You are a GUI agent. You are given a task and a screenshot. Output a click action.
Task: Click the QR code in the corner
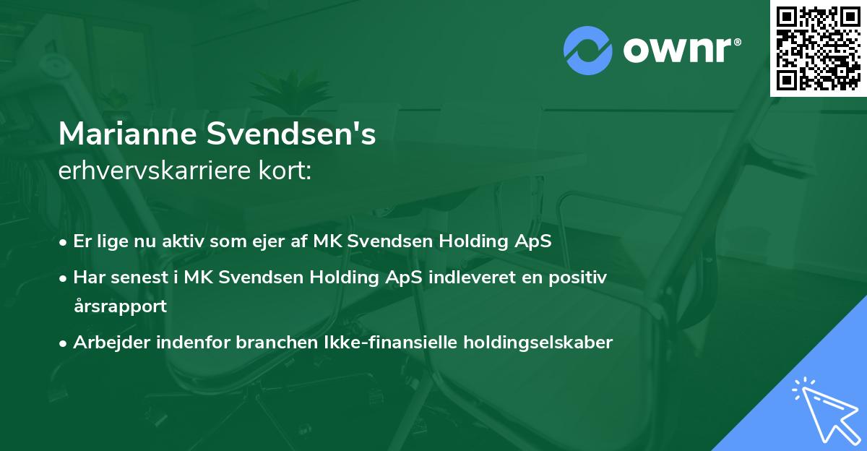pyautogui.click(x=819, y=48)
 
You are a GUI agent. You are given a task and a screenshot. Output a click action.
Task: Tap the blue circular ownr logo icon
pyautogui.click(x=588, y=50)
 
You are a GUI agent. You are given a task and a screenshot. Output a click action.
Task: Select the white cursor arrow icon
pyautogui.click(x=824, y=409)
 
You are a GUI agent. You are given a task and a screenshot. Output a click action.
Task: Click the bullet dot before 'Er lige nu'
pyautogui.click(x=64, y=242)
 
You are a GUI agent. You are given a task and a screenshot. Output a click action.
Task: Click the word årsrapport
pyautogui.click(x=120, y=306)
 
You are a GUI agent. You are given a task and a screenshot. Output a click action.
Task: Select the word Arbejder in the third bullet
pyautogui.click(x=105, y=343)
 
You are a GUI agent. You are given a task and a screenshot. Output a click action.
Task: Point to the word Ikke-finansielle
pyautogui.click(x=382, y=343)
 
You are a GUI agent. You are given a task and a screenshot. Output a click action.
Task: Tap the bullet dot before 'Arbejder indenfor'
pyautogui.click(x=64, y=343)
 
